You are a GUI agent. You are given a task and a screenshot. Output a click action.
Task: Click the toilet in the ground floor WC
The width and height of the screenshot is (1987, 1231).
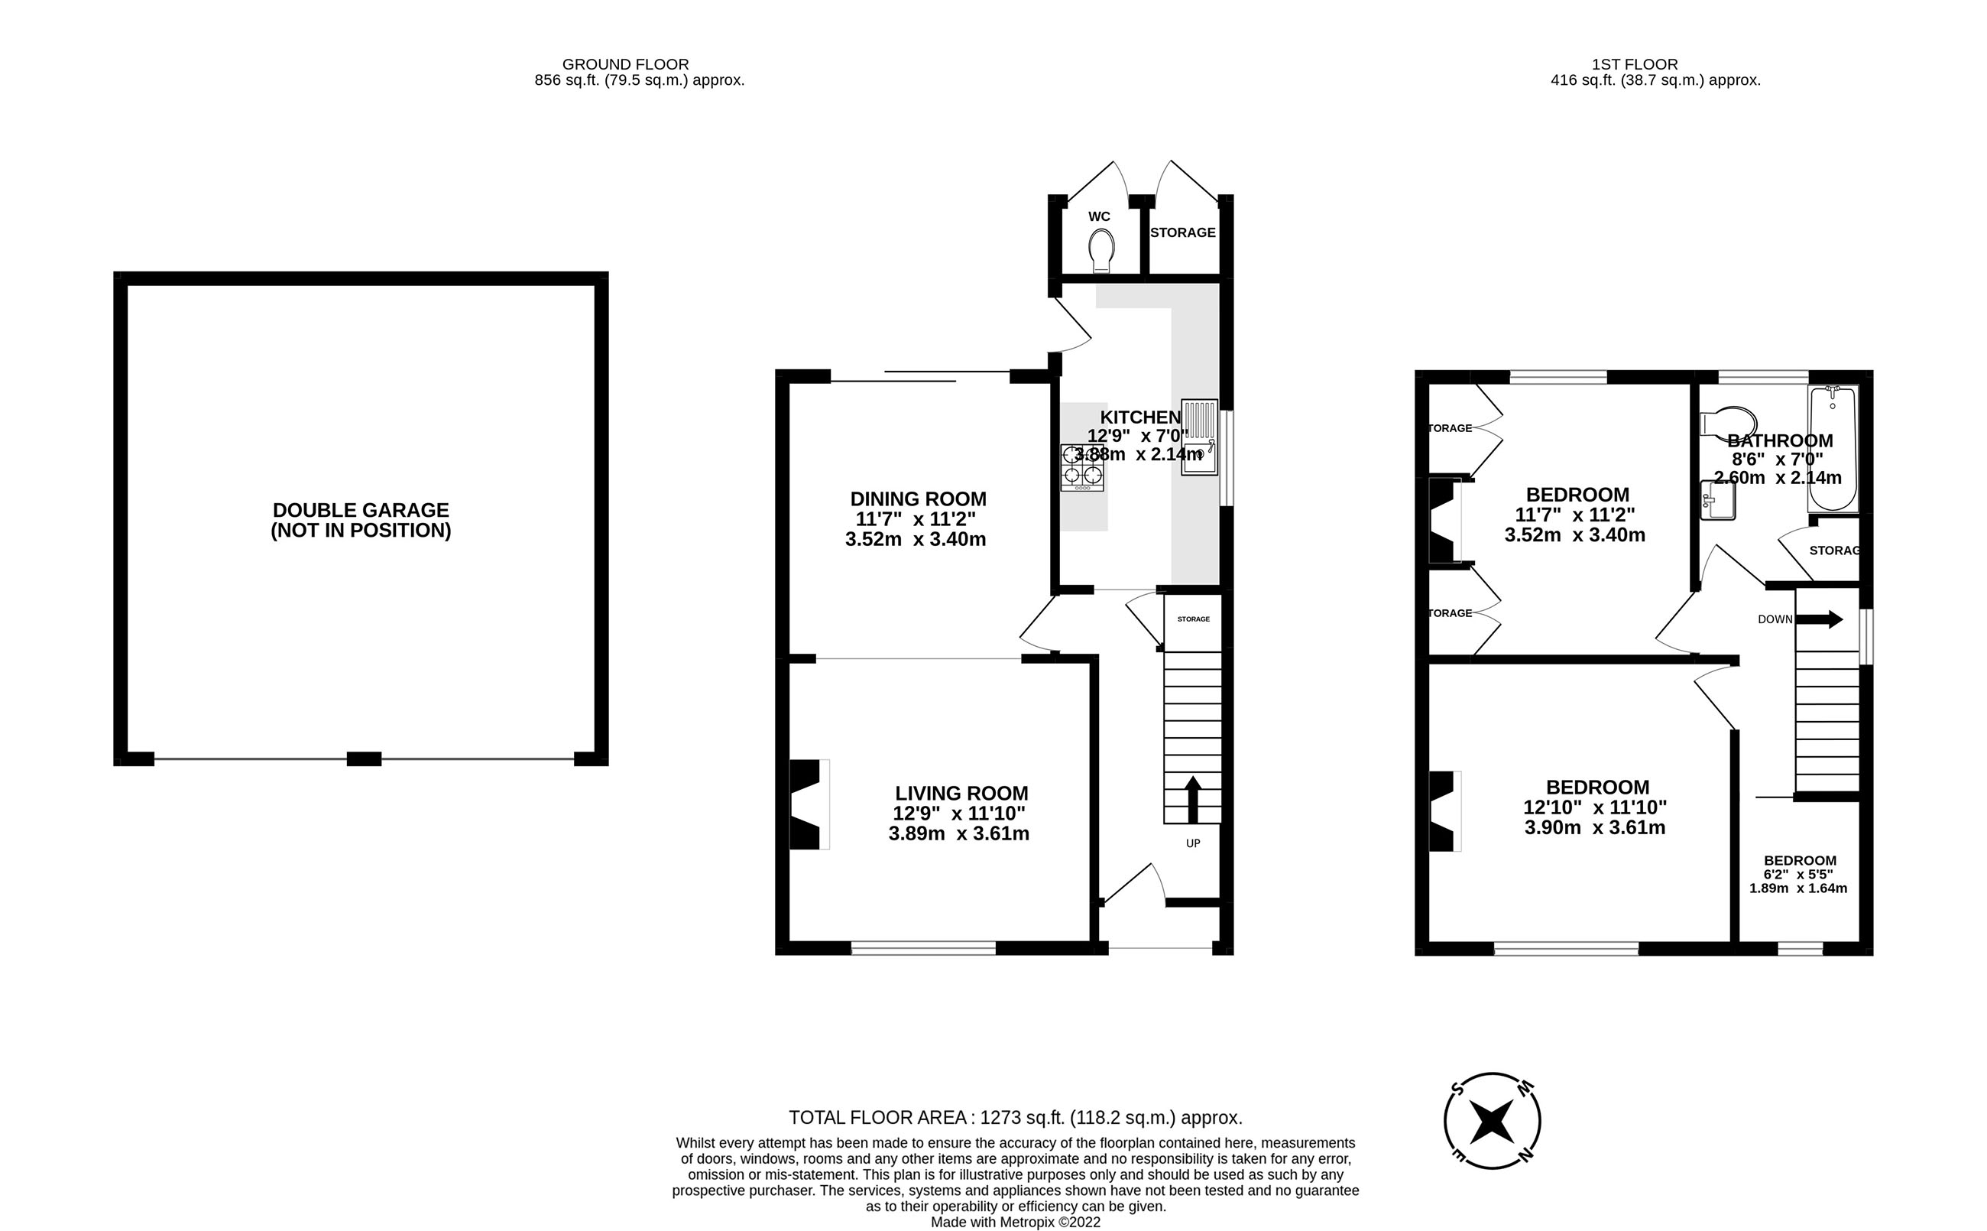coord(1101,251)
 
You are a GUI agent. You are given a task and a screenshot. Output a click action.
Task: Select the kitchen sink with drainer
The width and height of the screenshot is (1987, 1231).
coord(1199,437)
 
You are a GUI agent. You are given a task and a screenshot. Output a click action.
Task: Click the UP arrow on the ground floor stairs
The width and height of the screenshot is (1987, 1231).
coord(1193,800)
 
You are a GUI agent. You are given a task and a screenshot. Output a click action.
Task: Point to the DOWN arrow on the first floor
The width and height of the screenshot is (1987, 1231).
coord(1818,619)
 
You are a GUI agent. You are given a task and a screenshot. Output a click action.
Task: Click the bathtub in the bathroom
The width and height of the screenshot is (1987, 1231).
coord(1833,449)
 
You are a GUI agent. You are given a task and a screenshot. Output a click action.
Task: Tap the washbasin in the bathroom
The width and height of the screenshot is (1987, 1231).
coord(1718,500)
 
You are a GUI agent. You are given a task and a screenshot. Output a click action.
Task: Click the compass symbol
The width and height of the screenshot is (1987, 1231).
coord(1493,1121)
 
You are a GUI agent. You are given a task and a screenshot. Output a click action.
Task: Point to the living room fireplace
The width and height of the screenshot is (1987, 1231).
coord(807,804)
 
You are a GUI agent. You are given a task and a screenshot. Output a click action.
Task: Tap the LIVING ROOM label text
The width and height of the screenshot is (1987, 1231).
coord(961,793)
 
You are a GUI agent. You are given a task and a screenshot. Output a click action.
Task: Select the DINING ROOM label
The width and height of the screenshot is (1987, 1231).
coord(918,499)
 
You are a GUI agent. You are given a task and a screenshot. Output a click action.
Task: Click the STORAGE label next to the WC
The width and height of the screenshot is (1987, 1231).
coord(1182,233)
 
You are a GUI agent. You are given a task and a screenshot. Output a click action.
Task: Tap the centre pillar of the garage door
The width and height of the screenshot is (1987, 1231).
coord(364,758)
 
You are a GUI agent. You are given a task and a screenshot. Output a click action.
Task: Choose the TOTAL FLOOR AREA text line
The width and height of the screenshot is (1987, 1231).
coord(1015,1118)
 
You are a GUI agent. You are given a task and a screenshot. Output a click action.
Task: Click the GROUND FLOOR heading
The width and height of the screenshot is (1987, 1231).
coord(625,64)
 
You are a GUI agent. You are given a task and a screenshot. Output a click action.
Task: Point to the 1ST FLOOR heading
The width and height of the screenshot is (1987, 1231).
coord(1635,64)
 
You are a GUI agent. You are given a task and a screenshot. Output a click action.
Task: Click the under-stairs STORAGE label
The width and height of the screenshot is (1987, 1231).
coord(1193,619)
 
